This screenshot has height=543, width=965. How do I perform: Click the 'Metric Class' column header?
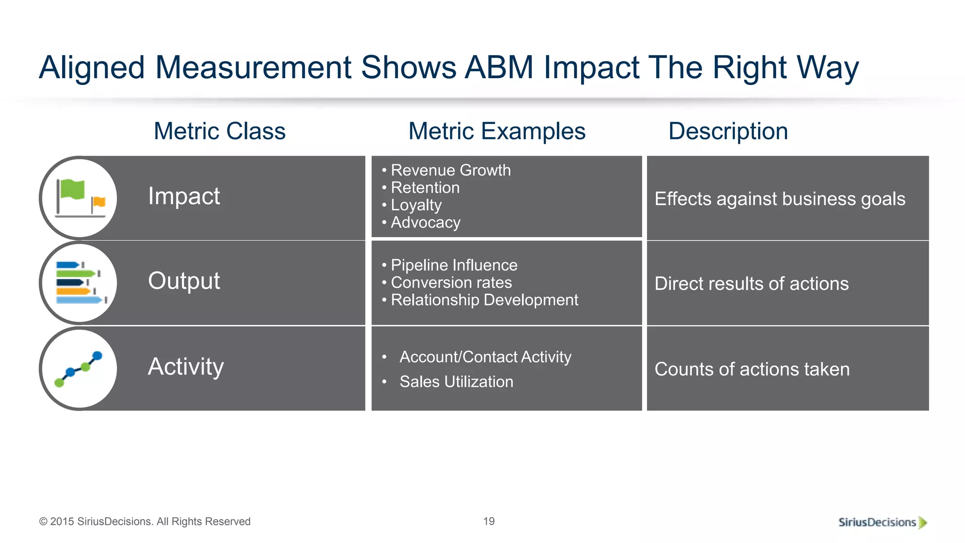[x=220, y=131]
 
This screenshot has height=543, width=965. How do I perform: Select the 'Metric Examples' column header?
[x=497, y=131]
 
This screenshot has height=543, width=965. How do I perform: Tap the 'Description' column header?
[x=728, y=131]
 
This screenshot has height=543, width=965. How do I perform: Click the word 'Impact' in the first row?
[x=184, y=196]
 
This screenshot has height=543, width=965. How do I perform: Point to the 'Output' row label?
[x=184, y=281]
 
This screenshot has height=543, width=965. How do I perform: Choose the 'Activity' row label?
[x=186, y=367]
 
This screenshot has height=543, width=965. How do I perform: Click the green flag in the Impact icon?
[x=72, y=189]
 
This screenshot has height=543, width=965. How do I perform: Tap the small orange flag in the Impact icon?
[x=99, y=202]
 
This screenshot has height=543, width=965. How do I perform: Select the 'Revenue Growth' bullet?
[x=450, y=170]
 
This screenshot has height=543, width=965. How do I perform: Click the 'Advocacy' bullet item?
[x=425, y=222]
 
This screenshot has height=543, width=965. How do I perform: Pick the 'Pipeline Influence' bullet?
[x=454, y=265]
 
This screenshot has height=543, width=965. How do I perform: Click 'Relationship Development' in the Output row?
[x=484, y=300]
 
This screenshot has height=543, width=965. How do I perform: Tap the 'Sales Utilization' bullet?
[x=456, y=382]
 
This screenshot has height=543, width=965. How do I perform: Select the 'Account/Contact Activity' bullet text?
[x=485, y=357]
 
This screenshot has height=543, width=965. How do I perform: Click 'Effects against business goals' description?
[x=780, y=199]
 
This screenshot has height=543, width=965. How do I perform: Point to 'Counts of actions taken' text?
[x=752, y=370]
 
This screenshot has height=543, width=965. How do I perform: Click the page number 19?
[x=489, y=521]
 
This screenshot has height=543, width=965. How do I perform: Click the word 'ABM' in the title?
[x=499, y=67]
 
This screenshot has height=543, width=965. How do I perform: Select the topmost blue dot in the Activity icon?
[x=98, y=355]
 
